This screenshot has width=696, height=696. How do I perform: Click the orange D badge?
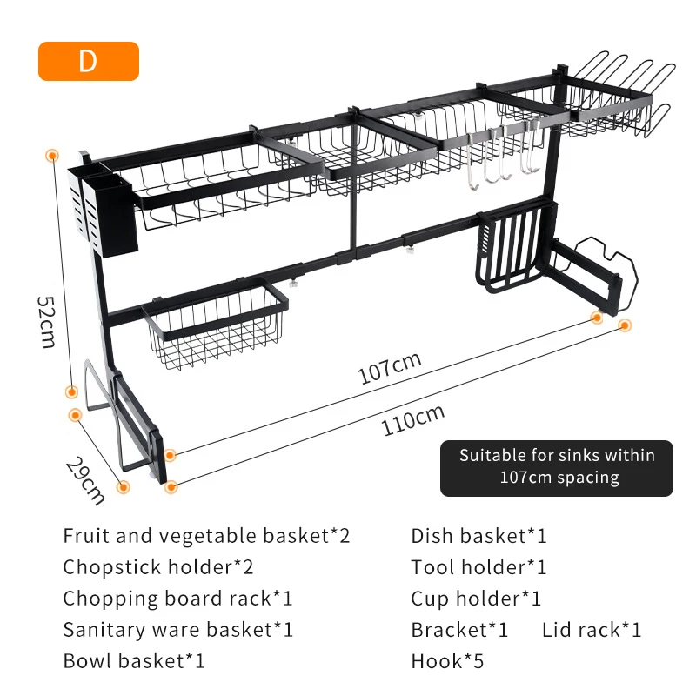[x=88, y=62]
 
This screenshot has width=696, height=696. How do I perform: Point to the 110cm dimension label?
[x=412, y=422]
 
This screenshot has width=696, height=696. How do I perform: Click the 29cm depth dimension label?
[x=86, y=479]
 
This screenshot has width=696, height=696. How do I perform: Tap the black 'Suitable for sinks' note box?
[x=557, y=466]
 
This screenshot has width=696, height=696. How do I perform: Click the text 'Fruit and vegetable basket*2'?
[x=206, y=536]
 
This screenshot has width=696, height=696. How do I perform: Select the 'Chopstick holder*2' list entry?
[x=158, y=567]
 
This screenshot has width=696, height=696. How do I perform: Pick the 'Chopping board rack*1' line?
[x=177, y=599]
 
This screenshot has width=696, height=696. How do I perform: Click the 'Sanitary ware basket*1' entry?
[x=178, y=629]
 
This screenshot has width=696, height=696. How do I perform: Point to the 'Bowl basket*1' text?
[x=134, y=660]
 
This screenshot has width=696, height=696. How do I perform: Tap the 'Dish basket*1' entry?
[x=479, y=536]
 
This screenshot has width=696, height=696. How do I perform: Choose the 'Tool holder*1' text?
[x=479, y=567]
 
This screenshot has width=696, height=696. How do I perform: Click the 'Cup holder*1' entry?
[x=476, y=599]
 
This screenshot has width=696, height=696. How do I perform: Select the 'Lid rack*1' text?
[x=592, y=629]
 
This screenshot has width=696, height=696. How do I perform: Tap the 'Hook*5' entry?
[x=447, y=660]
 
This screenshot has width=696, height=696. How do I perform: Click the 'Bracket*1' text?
[x=459, y=629]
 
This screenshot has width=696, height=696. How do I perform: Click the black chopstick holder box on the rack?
[x=107, y=213]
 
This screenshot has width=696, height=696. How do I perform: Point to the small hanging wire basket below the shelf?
[x=217, y=326]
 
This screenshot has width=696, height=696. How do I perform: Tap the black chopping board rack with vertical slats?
[x=513, y=248]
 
